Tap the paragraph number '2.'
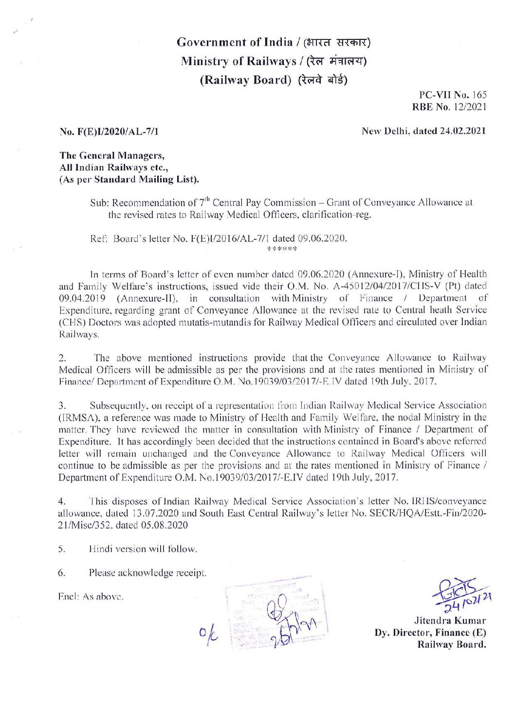[x=62, y=358]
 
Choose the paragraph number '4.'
[x=62, y=501]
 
